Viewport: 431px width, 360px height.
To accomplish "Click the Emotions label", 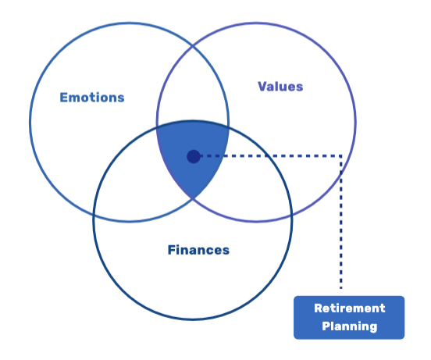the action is tap(92, 98).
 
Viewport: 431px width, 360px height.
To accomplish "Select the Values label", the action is tap(280, 86).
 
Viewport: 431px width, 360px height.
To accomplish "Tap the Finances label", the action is tap(198, 250).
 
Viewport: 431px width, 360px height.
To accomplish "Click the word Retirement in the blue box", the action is tap(349, 308).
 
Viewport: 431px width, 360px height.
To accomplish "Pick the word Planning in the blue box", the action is tap(349, 326).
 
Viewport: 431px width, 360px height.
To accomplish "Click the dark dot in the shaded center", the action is tap(193, 156).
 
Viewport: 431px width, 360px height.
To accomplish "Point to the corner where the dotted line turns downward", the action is tap(341, 156).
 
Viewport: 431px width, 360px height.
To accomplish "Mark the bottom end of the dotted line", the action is tap(341, 288).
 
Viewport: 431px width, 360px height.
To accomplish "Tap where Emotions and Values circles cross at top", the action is tap(193, 47).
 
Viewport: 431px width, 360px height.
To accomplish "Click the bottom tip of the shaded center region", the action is tap(193, 198).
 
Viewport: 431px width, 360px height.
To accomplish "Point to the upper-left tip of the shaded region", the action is tap(157, 127).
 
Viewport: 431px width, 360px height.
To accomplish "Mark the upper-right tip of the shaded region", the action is tap(229, 127).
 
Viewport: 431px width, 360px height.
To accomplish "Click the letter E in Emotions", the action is tap(63, 98).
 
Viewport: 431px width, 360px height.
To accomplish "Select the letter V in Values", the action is tap(262, 86).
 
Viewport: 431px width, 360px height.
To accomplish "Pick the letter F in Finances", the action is tap(172, 250).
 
